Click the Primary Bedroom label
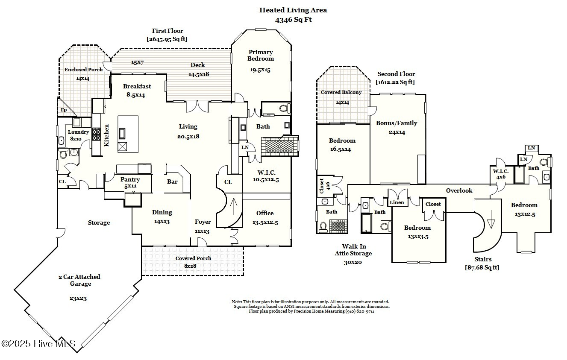261,56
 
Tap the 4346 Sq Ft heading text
293,20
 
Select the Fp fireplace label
63,110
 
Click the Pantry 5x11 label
130,183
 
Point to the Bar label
172,181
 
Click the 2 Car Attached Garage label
79,280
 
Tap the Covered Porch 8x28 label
193,262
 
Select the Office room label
265,213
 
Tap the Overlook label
459,190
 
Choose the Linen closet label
397,202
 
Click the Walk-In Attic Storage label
353,254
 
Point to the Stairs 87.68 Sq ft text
482,263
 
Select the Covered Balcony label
341,92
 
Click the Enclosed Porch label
83,70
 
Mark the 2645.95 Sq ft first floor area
167,39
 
